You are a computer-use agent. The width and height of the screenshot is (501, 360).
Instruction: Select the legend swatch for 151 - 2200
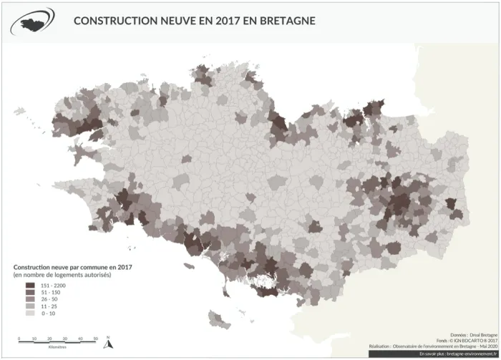click(x=30, y=286)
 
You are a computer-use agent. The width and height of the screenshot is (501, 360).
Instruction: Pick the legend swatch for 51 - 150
click(x=30, y=293)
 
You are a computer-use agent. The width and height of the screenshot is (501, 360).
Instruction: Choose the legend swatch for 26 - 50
click(x=30, y=299)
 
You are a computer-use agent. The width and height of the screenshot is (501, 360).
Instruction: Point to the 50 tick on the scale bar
click(x=96, y=339)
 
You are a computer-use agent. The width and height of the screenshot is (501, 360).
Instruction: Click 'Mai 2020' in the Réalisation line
click(x=487, y=346)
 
